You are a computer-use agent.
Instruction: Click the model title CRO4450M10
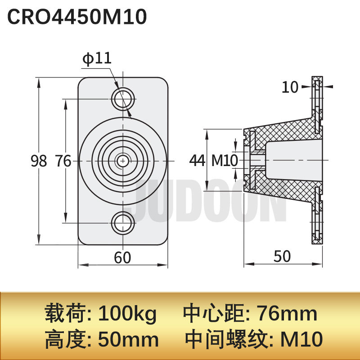[x=77, y=17]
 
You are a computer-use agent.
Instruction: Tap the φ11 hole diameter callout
[x=97, y=58]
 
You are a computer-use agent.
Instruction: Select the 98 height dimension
[x=39, y=161]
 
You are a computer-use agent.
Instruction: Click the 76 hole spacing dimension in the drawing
[x=63, y=161]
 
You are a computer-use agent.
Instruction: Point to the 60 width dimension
[x=122, y=257]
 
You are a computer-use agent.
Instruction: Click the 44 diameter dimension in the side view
[x=197, y=160]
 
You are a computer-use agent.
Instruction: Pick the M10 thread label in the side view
[x=225, y=160]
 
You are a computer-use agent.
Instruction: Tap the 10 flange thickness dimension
[x=290, y=87]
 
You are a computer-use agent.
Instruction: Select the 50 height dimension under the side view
[x=282, y=256]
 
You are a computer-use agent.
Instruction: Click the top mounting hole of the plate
[x=123, y=99]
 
